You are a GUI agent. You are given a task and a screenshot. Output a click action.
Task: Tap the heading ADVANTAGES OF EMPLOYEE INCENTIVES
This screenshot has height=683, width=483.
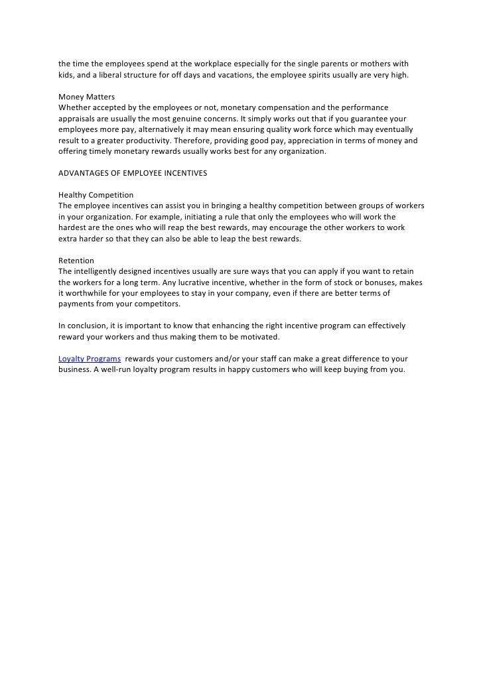coord(133,173)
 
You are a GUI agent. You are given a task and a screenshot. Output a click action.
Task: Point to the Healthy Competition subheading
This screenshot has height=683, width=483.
coord(96,195)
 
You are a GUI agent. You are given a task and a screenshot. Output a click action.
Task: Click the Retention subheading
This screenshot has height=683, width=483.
coord(76,260)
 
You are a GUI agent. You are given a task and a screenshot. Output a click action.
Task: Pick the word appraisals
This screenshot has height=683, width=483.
coord(78,119)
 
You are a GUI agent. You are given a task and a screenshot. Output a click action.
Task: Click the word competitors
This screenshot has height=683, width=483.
coord(155,304)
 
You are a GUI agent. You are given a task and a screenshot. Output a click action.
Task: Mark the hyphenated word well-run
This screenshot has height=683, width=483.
coord(116,369)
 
